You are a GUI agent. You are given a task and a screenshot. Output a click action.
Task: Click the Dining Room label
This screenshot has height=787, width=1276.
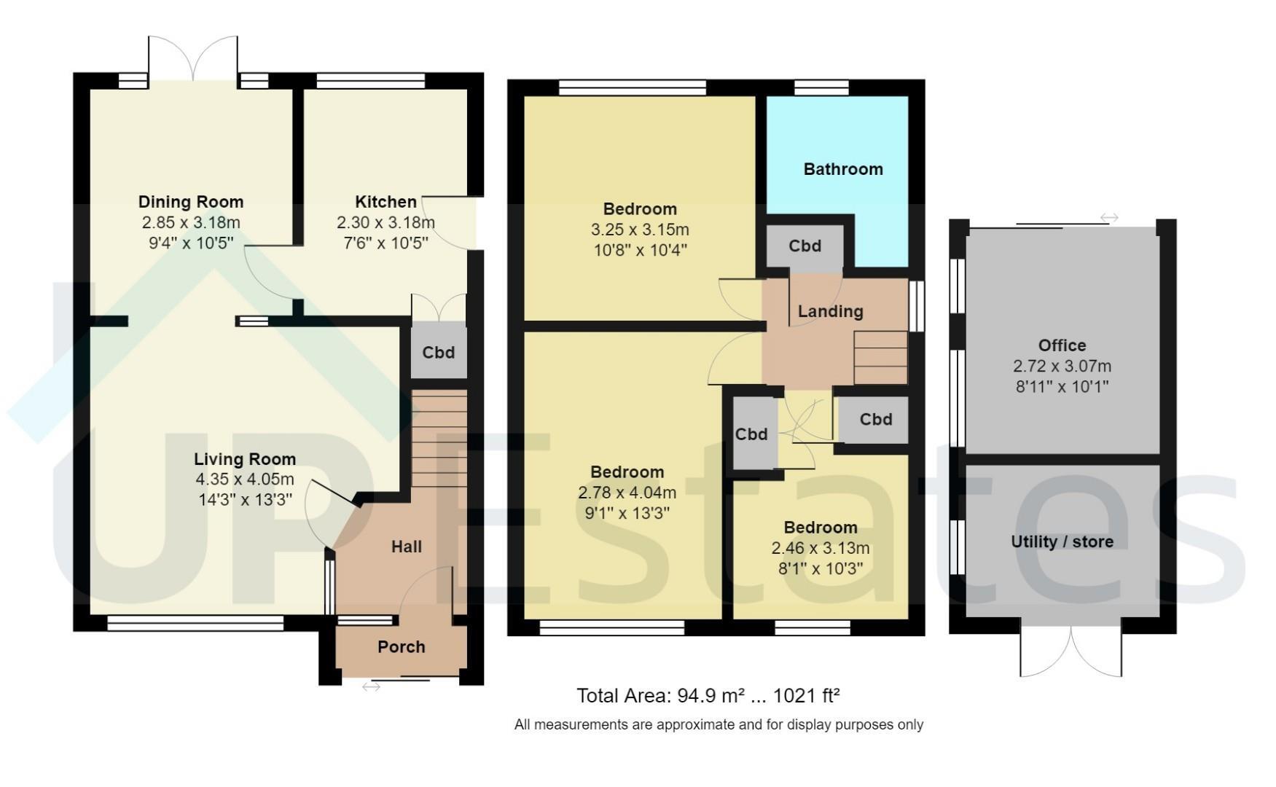click(x=191, y=202)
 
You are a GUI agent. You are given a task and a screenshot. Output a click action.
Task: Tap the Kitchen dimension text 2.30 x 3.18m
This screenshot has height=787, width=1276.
click(x=385, y=222)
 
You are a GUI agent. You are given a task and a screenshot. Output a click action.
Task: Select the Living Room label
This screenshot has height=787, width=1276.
click(x=245, y=459)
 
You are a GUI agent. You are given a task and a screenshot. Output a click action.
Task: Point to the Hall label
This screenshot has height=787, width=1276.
click(x=407, y=547)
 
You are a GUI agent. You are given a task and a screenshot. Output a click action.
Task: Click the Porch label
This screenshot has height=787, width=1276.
click(x=402, y=647)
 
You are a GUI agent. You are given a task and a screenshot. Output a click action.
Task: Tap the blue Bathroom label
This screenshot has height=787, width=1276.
click(x=843, y=169)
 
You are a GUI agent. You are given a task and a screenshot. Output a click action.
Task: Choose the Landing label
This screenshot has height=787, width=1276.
click(x=831, y=312)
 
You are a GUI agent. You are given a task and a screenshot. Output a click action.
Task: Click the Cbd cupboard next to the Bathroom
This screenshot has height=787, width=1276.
click(x=805, y=246)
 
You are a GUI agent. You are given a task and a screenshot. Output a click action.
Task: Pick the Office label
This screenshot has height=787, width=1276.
click(x=1062, y=345)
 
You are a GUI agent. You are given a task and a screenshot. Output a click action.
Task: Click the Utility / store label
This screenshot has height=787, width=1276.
click(x=1062, y=542)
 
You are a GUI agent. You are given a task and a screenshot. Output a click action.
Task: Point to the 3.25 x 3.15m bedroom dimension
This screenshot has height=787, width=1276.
click(x=640, y=230)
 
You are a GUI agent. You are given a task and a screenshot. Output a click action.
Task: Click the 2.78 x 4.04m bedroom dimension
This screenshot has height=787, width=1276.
click(x=627, y=493)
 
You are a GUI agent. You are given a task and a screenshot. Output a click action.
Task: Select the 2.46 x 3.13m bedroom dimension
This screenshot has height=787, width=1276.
click(x=821, y=548)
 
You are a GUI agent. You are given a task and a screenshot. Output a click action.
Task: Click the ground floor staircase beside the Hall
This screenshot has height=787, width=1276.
click(x=439, y=439)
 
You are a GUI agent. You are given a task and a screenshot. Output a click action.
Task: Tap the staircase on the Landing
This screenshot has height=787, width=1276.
click(x=880, y=358)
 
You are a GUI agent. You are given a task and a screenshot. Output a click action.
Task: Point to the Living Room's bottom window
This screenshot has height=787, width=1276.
click(x=195, y=623)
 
